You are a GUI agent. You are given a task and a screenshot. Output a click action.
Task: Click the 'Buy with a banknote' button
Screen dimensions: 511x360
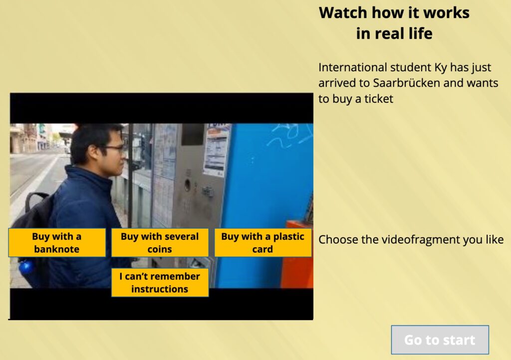(57, 243)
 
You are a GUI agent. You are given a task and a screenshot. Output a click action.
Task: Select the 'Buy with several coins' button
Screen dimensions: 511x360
(160, 243)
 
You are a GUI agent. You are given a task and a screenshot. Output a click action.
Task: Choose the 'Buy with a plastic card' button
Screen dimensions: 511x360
(262, 243)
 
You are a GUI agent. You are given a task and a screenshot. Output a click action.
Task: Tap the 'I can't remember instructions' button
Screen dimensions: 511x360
(160, 283)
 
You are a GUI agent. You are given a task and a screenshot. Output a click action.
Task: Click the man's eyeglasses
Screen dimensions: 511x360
(112, 149)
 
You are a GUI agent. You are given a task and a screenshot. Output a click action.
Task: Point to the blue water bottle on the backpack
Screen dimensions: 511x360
(26, 267)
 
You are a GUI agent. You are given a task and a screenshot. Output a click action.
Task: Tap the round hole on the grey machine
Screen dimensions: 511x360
(188, 185)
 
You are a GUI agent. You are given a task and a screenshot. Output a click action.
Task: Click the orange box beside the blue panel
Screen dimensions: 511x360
(297, 254)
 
